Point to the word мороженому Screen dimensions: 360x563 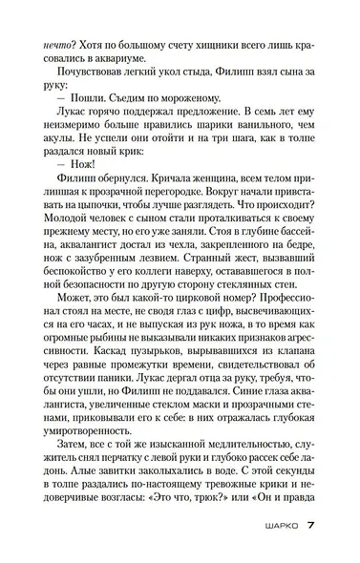(x=192, y=94)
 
